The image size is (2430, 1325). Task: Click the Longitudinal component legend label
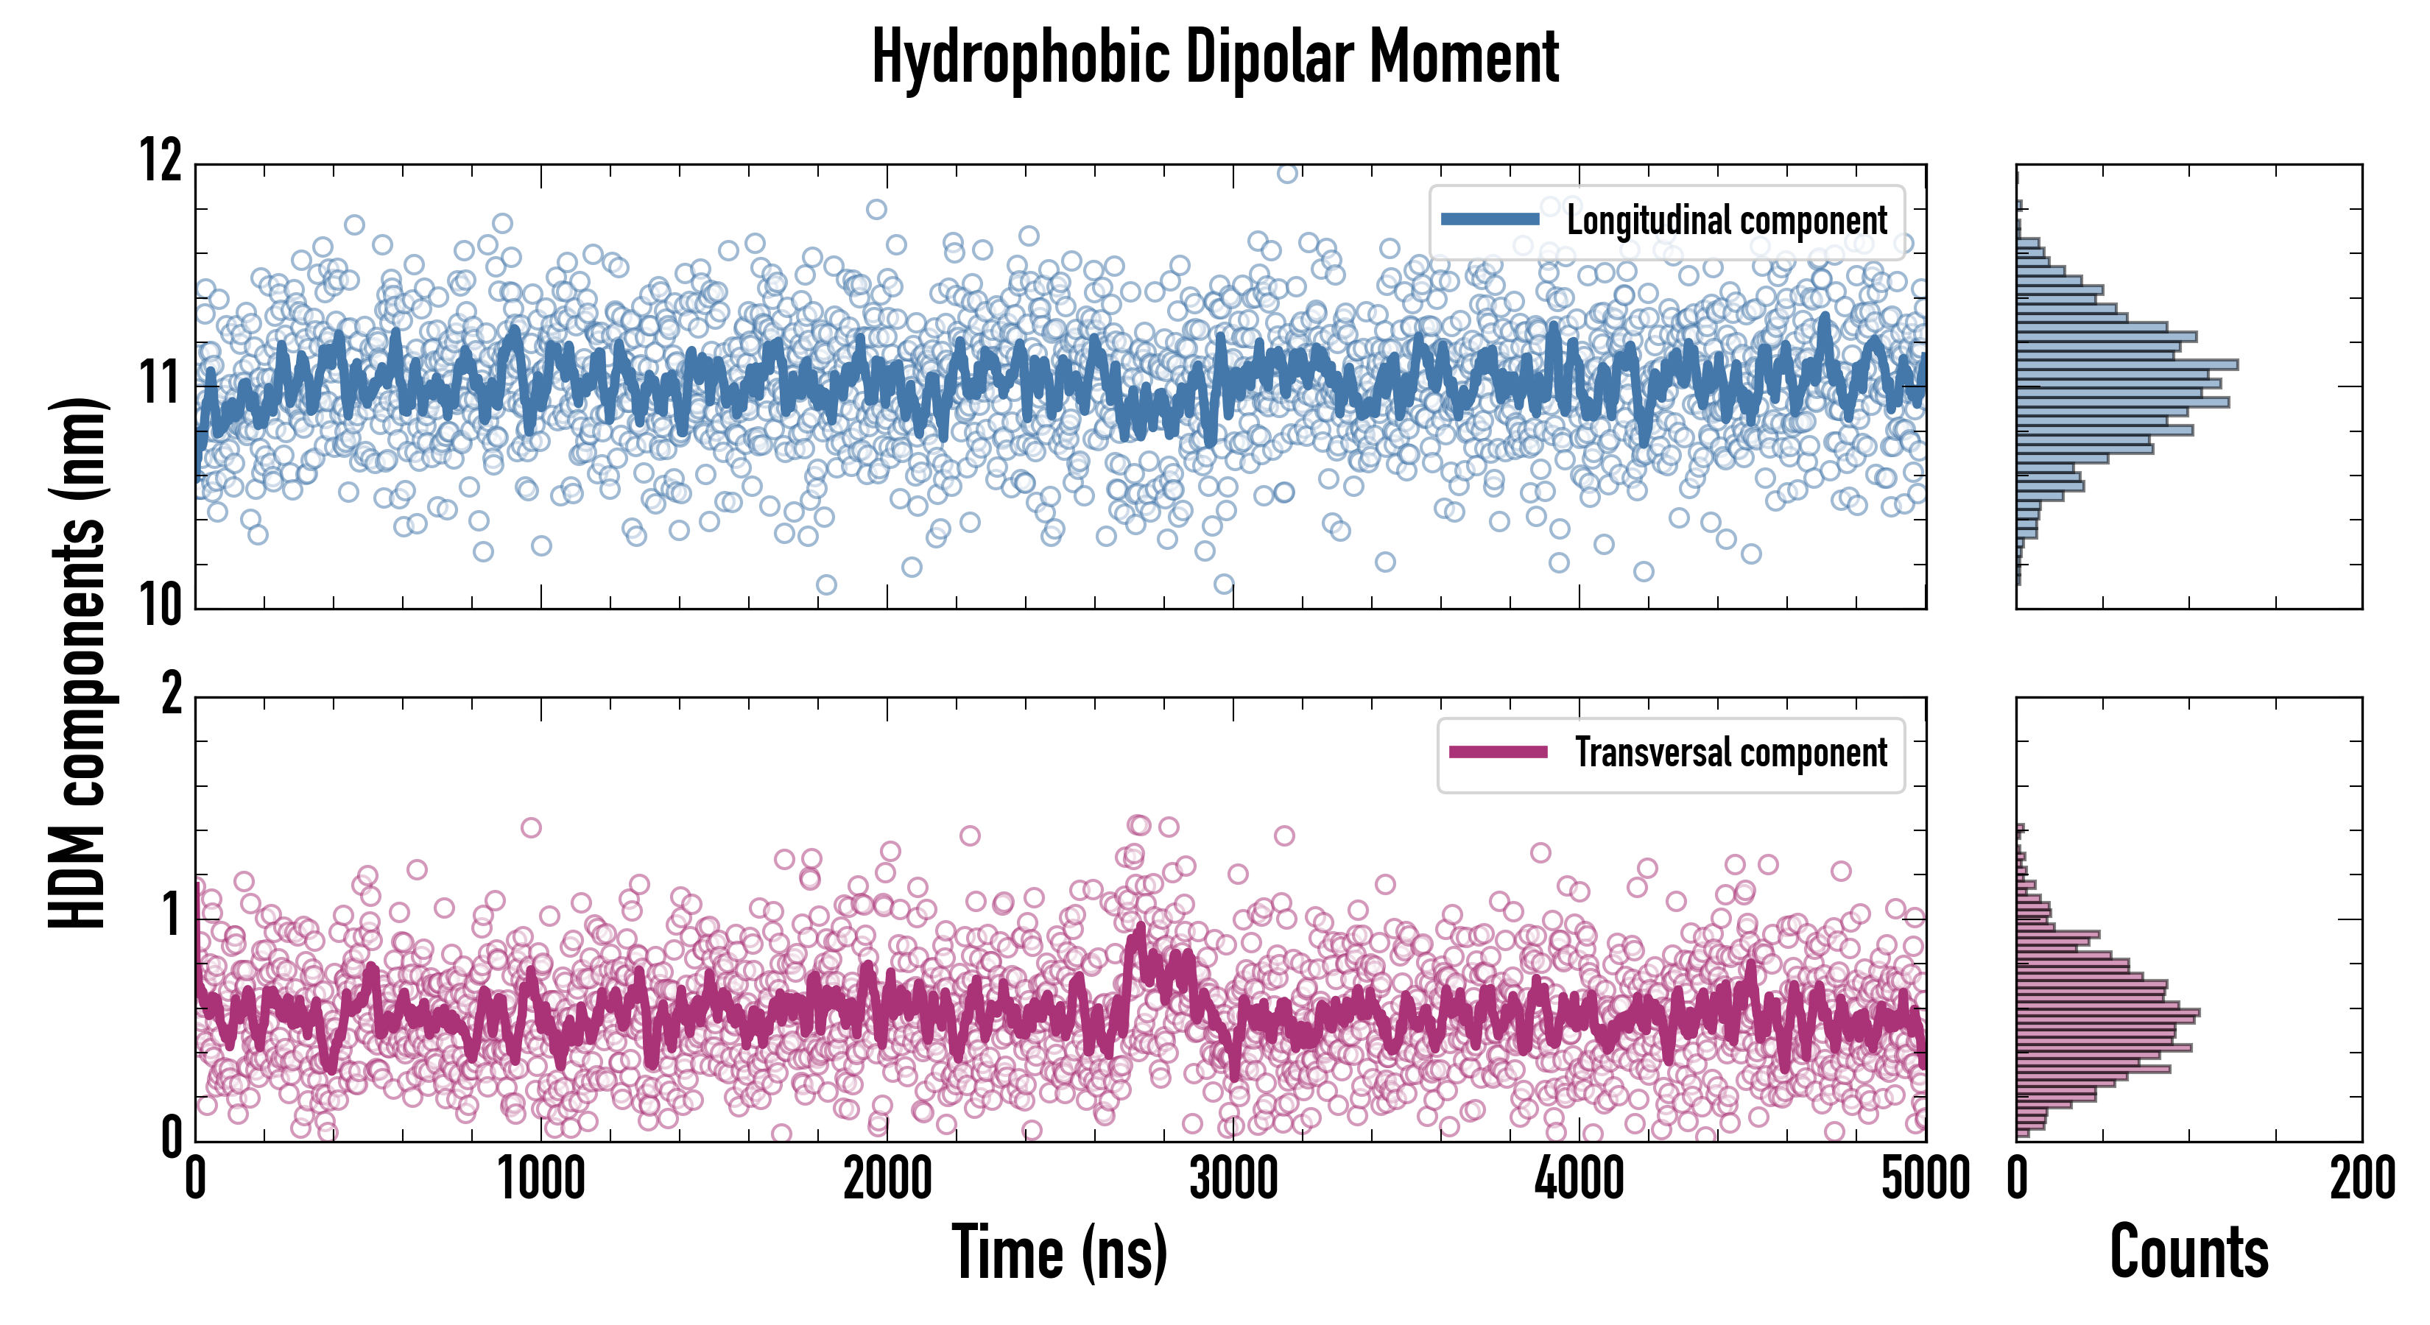(1726, 221)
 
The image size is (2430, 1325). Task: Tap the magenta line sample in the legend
(1498, 752)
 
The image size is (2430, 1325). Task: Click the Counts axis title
(2188, 1252)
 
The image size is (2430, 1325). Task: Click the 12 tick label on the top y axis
(161, 160)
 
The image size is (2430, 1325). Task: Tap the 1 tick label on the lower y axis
(172, 915)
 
